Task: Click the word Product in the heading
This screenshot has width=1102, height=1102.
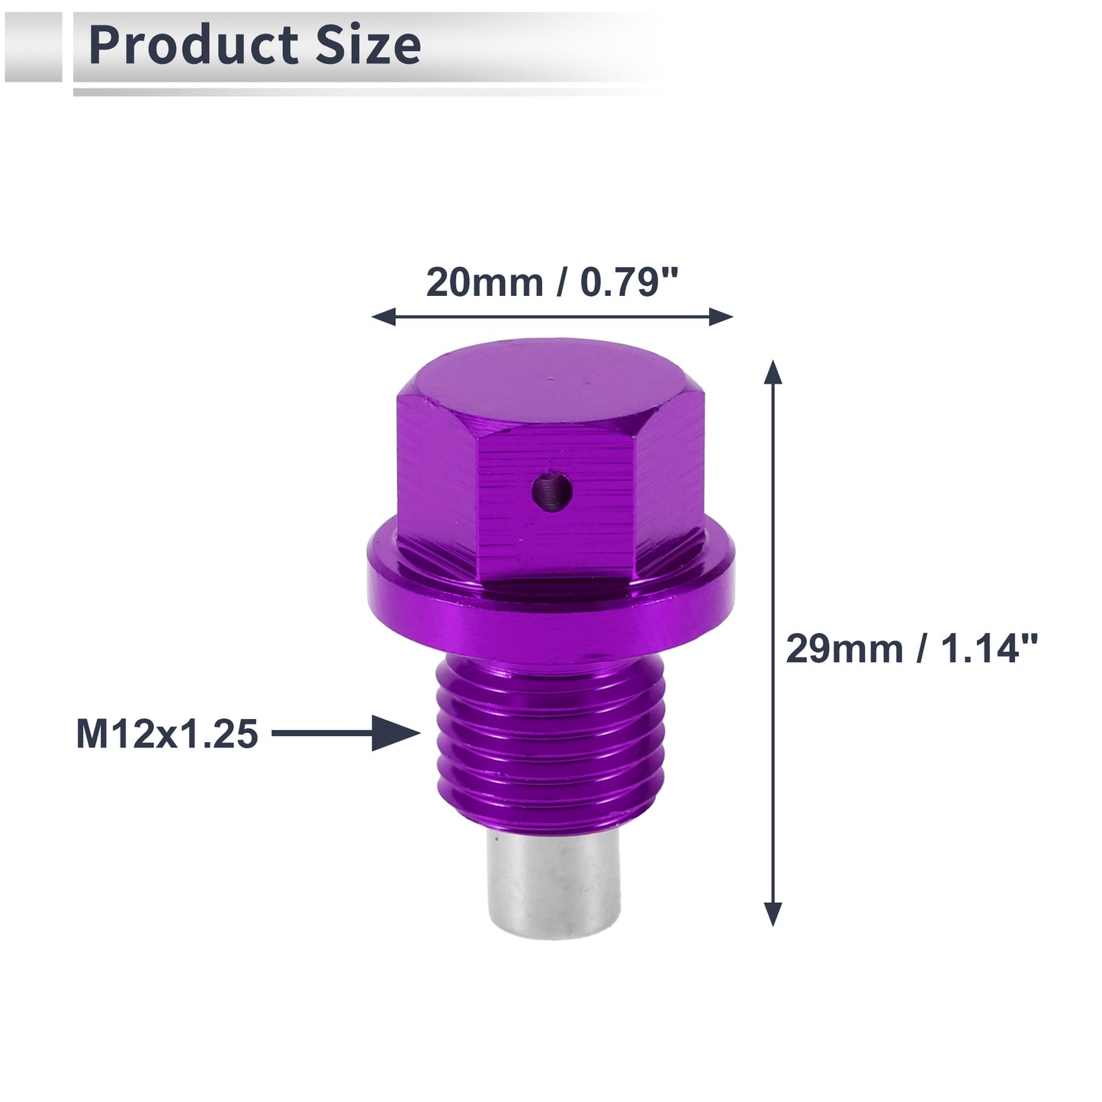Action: coord(193,47)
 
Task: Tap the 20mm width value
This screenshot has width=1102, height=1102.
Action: coord(484,282)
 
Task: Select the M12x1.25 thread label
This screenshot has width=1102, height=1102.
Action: coord(167,734)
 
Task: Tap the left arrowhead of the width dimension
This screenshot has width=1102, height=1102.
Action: coord(384,316)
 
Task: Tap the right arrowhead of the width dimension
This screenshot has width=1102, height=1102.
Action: coord(721,316)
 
